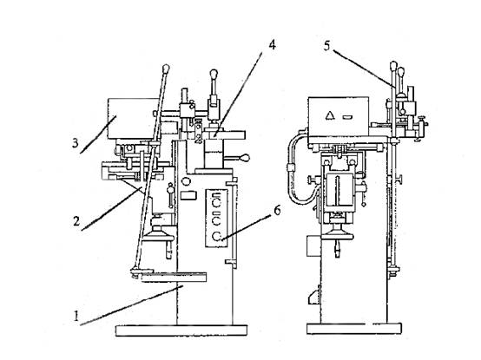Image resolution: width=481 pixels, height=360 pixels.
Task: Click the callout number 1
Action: [76, 316]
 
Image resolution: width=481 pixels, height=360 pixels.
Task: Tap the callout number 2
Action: [76, 221]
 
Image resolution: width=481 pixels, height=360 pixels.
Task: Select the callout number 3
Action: [76, 143]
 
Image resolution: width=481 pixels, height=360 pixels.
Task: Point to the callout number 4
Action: [272, 45]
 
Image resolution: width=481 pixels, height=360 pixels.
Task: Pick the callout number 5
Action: [327, 46]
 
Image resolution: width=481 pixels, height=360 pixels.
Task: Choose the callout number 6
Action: [277, 211]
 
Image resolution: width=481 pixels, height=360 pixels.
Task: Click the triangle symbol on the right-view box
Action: [330, 115]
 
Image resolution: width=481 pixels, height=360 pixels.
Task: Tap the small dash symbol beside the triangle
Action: [347, 116]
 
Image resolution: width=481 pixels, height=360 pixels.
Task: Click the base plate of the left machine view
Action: [181, 331]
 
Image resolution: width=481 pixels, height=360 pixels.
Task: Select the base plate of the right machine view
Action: [354, 329]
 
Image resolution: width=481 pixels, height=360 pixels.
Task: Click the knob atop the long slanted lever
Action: [166, 68]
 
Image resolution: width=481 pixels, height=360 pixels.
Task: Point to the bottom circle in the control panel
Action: [217, 236]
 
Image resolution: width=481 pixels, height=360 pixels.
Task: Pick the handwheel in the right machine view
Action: [338, 232]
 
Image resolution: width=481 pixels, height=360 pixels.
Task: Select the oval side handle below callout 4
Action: [245, 159]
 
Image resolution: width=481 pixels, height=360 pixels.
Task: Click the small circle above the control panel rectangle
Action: [186, 181]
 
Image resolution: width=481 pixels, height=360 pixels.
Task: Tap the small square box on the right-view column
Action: [313, 245]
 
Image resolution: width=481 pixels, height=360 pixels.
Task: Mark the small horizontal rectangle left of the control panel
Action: [188, 195]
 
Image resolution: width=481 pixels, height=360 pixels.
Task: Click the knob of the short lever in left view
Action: [214, 75]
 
